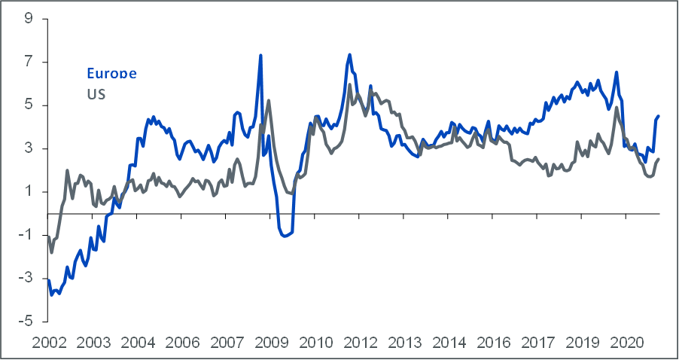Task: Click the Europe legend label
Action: [x=111, y=74]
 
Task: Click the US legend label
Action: [x=96, y=94]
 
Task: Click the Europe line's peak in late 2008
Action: [x=260, y=55]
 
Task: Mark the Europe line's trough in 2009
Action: [x=284, y=236]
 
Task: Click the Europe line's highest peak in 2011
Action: [x=350, y=54]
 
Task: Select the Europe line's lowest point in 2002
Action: [x=51, y=294]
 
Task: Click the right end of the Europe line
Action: [x=659, y=116]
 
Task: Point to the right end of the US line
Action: [x=659, y=159]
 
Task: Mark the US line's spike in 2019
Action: [x=617, y=108]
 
